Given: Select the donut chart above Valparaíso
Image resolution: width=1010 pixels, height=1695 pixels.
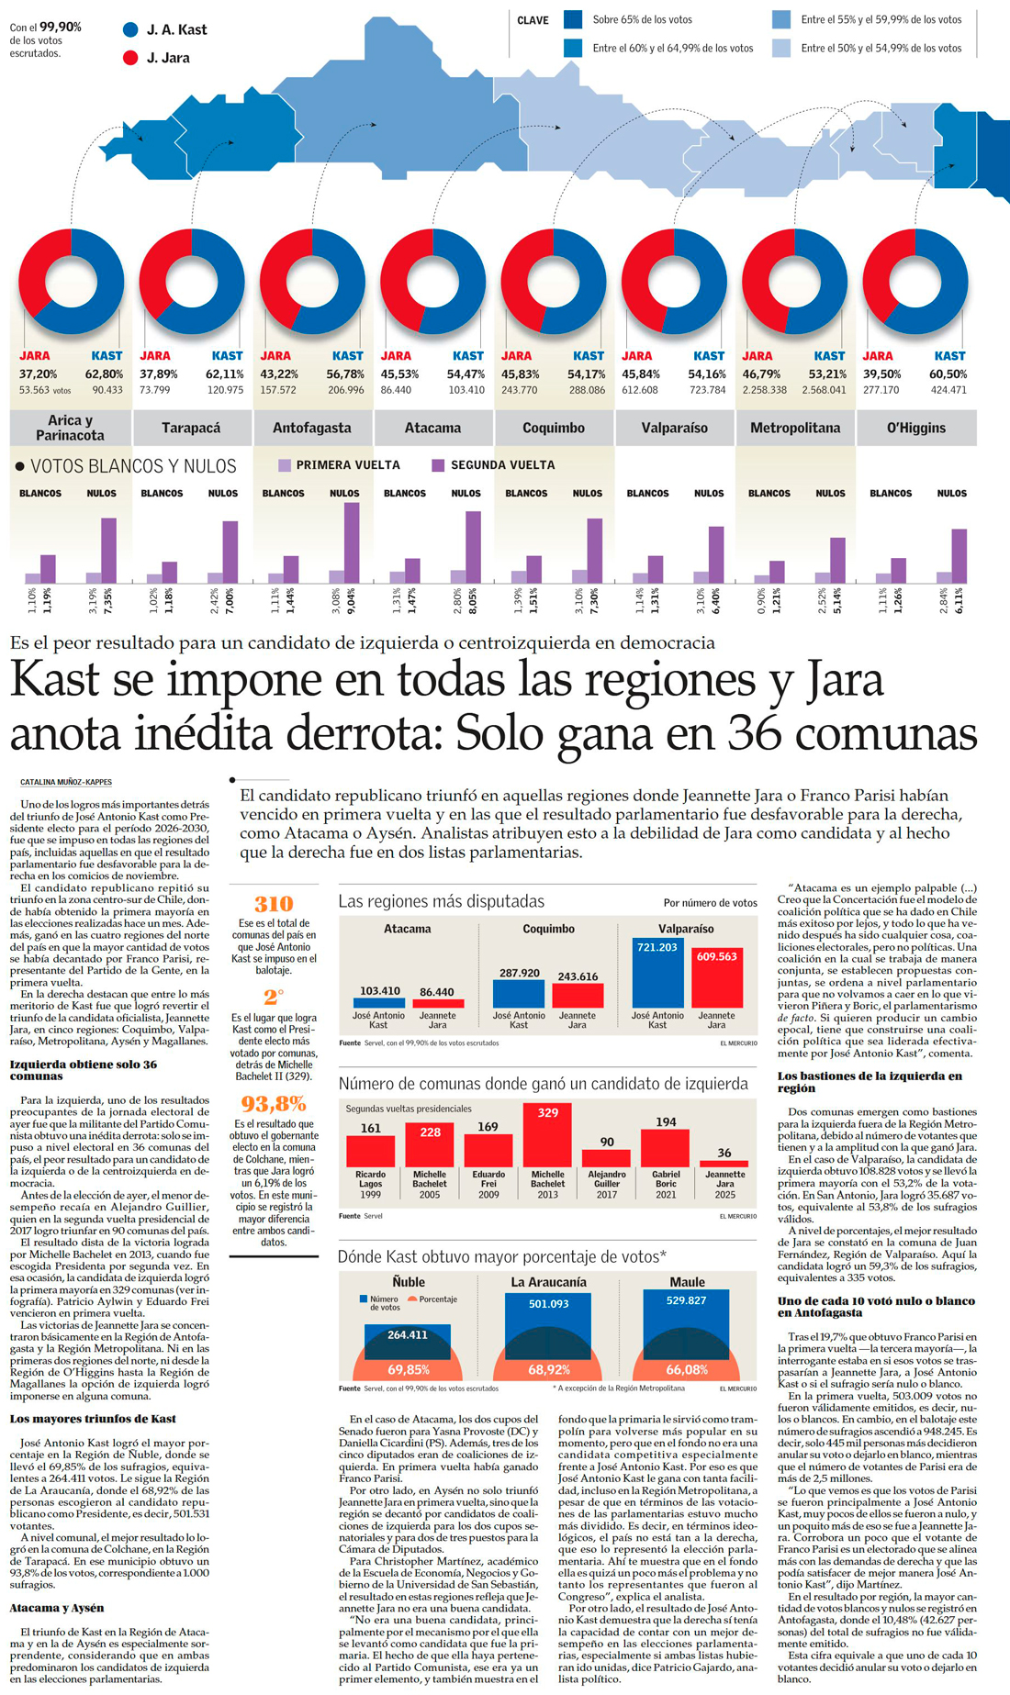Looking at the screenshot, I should [x=674, y=281].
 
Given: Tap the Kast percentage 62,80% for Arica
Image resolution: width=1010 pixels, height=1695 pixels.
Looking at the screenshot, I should [x=104, y=374].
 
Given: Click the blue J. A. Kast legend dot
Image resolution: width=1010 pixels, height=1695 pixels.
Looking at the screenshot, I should [x=130, y=29].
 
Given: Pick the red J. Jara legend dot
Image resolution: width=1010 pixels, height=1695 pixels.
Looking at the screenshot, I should [x=130, y=58].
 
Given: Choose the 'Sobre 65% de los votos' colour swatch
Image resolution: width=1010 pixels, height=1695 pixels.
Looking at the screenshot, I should [x=573, y=19].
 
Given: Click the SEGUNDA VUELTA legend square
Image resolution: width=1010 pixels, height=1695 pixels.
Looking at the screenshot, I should [x=438, y=465].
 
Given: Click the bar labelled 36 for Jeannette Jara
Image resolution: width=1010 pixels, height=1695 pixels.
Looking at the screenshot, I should [x=724, y=1163].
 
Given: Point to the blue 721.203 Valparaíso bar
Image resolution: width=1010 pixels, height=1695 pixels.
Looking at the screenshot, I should [x=657, y=973].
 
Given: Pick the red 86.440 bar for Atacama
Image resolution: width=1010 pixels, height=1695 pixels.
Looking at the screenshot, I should [x=437, y=1003].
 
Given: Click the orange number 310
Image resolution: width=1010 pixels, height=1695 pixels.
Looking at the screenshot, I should [x=273, y=904].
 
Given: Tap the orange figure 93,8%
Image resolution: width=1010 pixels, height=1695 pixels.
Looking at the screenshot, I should [x=273, y=1103].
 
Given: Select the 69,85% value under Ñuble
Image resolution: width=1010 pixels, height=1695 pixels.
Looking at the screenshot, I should [x=409, y=1370].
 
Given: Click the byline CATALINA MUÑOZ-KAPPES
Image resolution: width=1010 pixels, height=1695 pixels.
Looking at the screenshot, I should [x=66, y=783].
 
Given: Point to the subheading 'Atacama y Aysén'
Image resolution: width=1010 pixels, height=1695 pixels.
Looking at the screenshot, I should [x=56, y=1608].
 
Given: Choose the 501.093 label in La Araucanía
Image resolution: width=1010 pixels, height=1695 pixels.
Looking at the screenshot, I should [x=548, y=1303].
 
